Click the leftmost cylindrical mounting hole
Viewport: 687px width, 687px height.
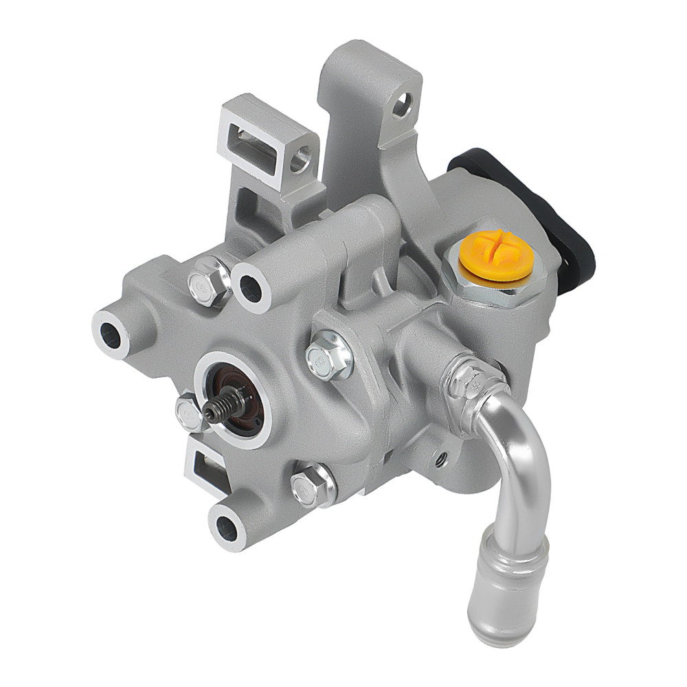point(111,332)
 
